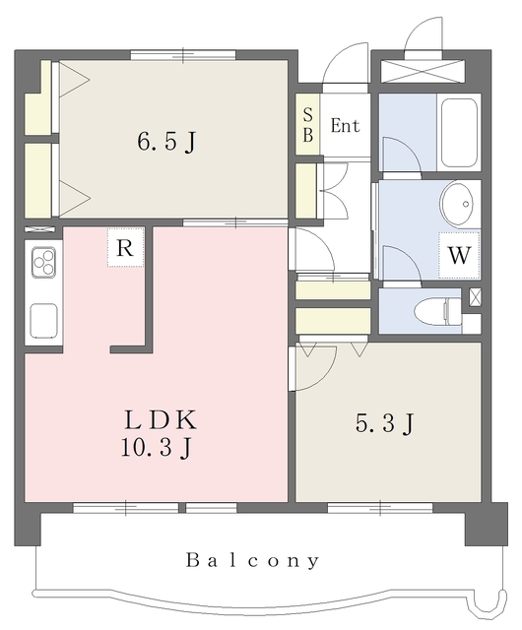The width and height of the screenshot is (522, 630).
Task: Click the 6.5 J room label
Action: tap(166, 142)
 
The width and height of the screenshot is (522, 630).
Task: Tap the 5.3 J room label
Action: tap(384, 423)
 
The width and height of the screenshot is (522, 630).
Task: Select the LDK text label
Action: tap(161, 420)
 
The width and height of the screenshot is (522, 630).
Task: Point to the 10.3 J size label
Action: tap(156, 447)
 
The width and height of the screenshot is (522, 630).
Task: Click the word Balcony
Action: tap(253, 560)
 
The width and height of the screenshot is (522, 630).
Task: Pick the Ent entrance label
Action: tap(345, 126)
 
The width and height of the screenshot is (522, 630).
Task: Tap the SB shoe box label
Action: tap(307, 125)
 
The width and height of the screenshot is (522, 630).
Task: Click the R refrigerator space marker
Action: tap(125, 248)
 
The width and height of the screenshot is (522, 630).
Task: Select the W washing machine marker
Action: tap(459, 255)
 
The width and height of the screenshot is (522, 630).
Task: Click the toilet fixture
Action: tap(437, 312)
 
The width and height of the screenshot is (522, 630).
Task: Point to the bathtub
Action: tap(460, 132)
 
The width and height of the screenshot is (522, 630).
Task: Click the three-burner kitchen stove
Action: tap(44, 261)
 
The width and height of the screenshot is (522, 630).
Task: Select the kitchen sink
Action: tap(44, 322)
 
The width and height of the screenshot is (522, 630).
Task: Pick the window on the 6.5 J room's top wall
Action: tap(183, 55)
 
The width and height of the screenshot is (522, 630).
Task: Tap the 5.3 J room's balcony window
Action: tap(380, 508)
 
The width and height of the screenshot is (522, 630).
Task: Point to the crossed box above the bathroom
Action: tap(423, 72)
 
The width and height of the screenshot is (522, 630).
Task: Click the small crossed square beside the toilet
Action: tap(475, 297)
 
